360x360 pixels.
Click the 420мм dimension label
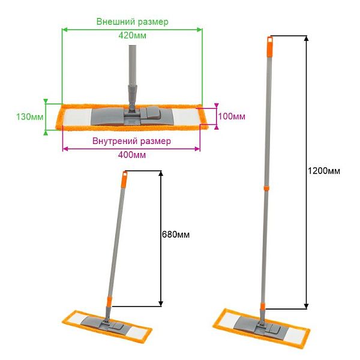tap(132, 35)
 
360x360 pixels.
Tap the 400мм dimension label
tap(132, 155)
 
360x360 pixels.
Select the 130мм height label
tap(29, 116)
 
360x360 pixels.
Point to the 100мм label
tap(232, 116)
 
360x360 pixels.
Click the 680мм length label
tap(176, 235)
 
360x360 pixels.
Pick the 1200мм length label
tap(324, 171)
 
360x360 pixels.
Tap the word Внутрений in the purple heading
tap(114, 141)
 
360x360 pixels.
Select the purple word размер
tap(155, 142)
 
